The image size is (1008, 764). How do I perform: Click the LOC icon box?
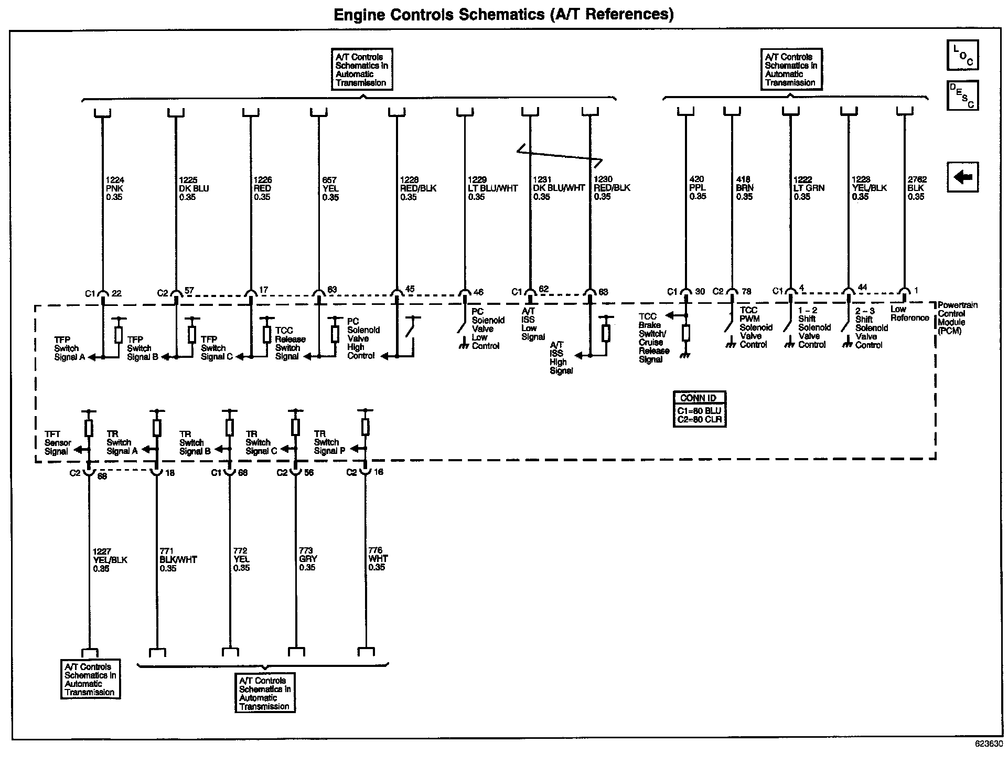[962, 55]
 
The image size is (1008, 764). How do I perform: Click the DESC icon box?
[962, 95]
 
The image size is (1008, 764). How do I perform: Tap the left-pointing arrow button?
[962, 177]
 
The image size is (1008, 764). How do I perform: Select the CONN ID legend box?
[699, 409]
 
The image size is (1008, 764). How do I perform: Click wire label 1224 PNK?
[114, 188]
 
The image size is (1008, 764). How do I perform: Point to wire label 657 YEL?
[330, 188]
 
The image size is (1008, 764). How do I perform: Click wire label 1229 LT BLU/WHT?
[491, 188]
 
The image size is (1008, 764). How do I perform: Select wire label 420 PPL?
[698, 188]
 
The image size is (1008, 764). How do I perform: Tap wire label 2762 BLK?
[917, 188]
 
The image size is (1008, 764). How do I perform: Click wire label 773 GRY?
[307, 559]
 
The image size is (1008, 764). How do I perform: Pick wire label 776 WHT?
[377, 559]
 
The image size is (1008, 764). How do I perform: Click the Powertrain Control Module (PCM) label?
[957, 318]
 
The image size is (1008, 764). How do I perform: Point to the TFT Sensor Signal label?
[57, 443]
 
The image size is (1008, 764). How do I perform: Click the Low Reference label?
[909, 313]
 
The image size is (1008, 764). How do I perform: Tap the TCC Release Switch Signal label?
[289, 343]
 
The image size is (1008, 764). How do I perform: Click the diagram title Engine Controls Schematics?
[503, 14]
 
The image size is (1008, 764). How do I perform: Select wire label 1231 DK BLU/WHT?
[558, 188]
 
